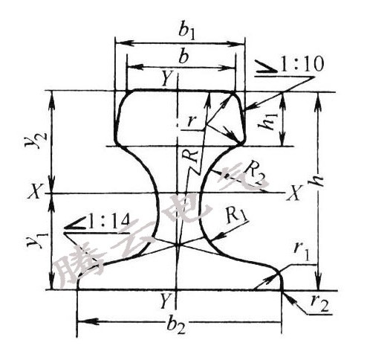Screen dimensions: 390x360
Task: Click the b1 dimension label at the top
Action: pos(186,32)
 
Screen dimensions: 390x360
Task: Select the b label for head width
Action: pos(183,57)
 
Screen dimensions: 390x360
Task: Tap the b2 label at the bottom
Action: pos(176,326)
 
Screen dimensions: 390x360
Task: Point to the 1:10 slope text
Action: pos(302,64)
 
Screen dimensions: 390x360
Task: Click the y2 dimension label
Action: pos(35,139)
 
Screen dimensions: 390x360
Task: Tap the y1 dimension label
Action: pos(35,240)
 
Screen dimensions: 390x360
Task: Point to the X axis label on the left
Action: pos(34,192)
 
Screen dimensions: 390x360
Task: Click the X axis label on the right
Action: pos(295,193)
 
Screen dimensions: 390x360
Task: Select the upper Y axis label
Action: pos(166,79)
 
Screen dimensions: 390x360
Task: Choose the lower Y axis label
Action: pos(165,300)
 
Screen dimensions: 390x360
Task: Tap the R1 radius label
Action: pos(236,215)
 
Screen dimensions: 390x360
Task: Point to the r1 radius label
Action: pos(302,251)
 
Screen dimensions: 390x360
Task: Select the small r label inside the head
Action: pos(191,121)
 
